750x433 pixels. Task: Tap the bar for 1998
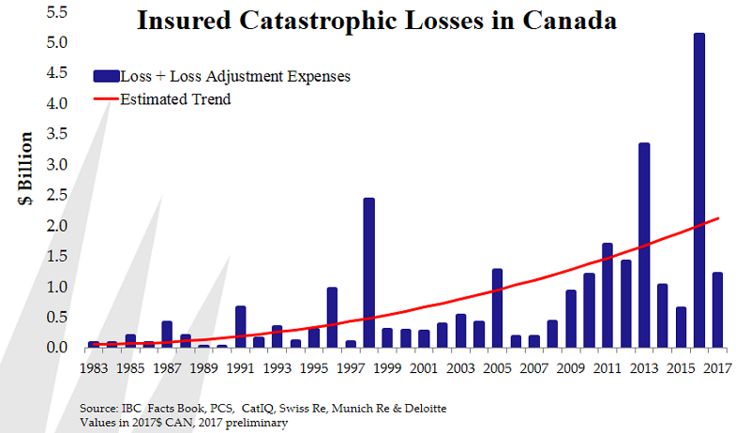pos(369,273)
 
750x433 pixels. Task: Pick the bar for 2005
pos(497,308)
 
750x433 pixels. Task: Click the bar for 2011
pos(607,295)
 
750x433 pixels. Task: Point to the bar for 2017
pos(717,310)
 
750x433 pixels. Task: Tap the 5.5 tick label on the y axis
pos(56,12)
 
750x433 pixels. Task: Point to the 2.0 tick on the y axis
pos(56,226)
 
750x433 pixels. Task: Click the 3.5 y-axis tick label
pos(56,134)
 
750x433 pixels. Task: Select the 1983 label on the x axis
pos(94,368)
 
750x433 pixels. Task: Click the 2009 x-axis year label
pos(570,368)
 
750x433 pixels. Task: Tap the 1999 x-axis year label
pos(387,368)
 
